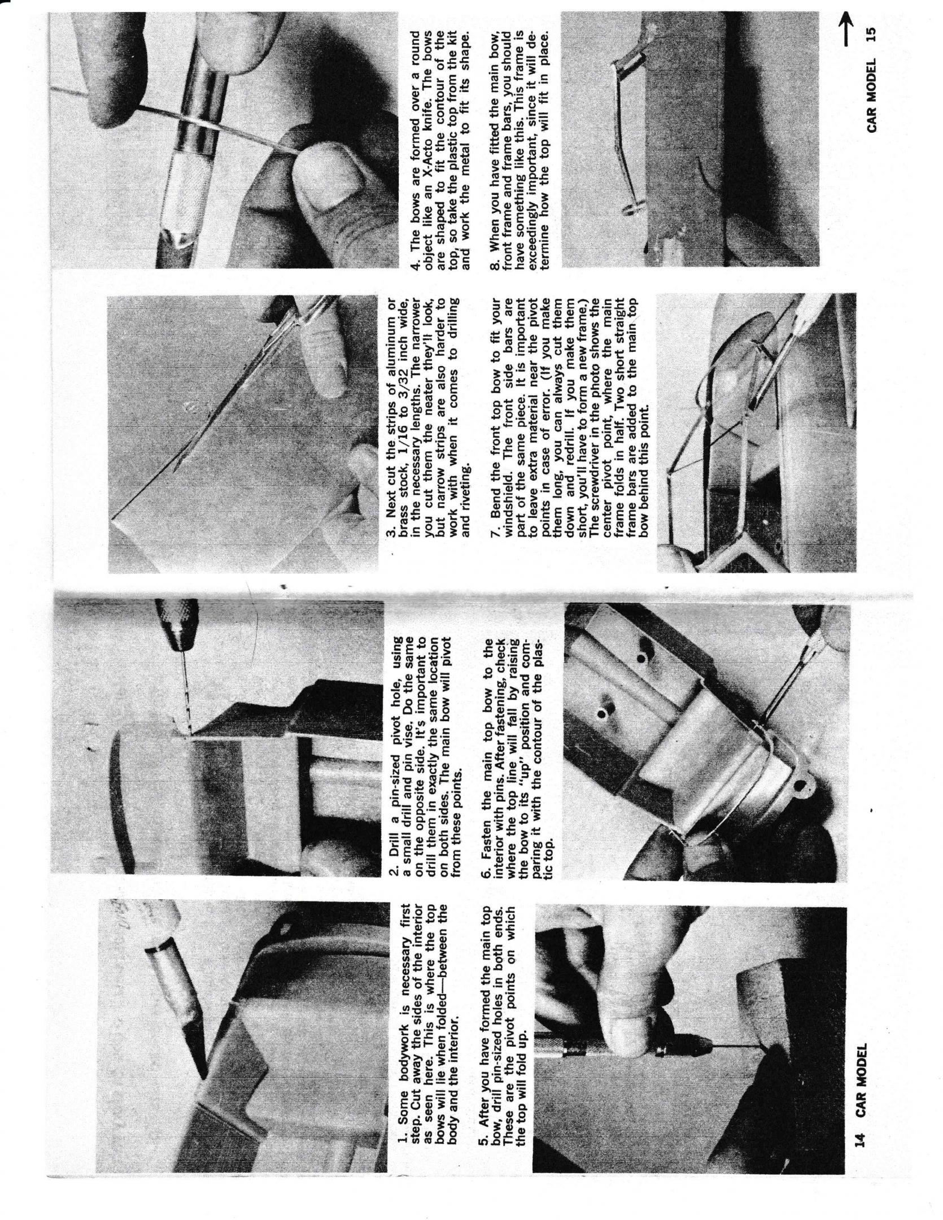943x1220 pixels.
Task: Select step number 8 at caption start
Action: tap(495, 265)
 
